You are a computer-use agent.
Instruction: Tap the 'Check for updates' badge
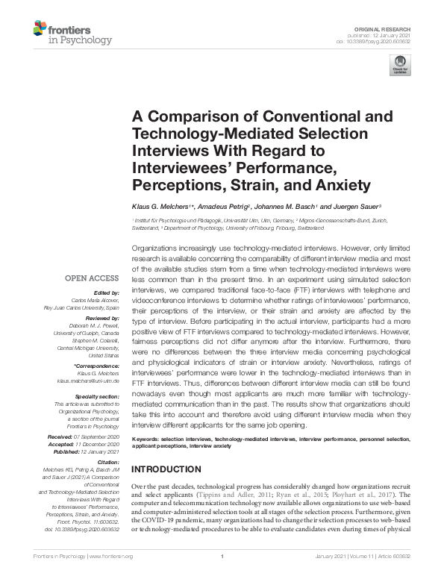coord(401,65)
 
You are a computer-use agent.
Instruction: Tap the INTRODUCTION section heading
coord(166,469)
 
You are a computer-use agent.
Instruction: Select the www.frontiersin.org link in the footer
coord(111,578)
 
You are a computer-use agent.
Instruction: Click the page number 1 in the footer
coord(222,578)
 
